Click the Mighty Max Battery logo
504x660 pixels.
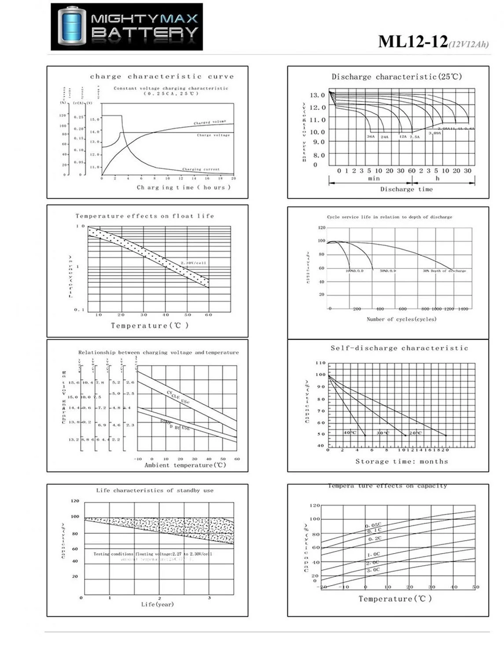coord(127,27)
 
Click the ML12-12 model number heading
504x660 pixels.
coord(413,42)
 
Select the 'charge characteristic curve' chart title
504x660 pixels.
coord(162,77)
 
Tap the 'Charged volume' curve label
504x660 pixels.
coord(210,122)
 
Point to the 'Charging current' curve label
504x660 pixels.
coord(201,169)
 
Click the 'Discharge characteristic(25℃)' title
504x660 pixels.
coord(397,77)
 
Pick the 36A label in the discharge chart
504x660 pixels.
coord(371,137)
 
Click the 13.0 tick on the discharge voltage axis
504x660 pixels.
coord(317,95)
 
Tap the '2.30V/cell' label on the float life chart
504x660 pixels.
coord(193,263)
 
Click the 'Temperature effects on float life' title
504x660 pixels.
coord(145,216)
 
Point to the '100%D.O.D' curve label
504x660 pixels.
coord(354,271)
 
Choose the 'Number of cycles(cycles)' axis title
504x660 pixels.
coord(401,319)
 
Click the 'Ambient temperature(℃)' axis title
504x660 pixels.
coord(185,465)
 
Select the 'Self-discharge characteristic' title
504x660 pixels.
coord(399,348)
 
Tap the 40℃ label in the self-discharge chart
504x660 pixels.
coord(350,433)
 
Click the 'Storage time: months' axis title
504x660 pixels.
coord(401,461)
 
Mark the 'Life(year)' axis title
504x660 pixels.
coord(157,605)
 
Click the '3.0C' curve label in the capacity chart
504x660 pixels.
coord(373,570)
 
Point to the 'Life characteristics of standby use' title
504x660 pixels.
coord(155,490)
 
